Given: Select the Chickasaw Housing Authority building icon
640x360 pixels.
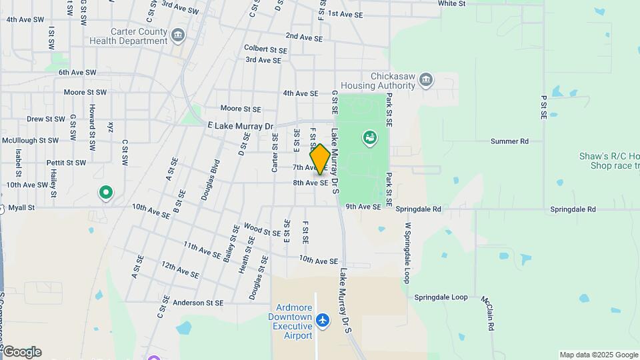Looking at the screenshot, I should tap(426, 81).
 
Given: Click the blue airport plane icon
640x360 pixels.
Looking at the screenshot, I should tap(323, 321).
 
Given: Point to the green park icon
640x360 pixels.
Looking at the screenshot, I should tap(369, 138).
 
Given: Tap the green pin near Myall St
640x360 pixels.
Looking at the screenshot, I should tap(105, 193).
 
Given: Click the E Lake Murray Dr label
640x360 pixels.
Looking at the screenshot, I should tap(241, 126).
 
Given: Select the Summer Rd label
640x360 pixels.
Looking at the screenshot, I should tap(509, 141).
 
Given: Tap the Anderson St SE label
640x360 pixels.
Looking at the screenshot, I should tap(198, 302).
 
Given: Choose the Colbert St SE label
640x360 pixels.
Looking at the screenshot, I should tap(265, 49).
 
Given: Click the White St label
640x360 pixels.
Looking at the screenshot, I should tap(451, 3).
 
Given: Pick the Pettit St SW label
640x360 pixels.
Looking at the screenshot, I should tap(66, 163).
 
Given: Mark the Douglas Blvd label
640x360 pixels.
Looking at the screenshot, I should tap(211, 179).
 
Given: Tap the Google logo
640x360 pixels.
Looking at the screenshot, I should tap(21, 352).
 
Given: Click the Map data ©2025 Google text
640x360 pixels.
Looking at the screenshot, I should tap(598, 355).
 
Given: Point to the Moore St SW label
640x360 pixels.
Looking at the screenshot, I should tap(85, 93).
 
